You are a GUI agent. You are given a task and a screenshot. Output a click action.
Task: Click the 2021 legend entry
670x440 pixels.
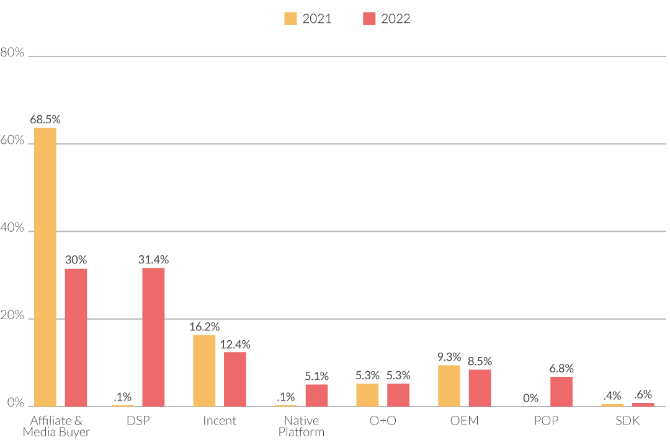[308, 19]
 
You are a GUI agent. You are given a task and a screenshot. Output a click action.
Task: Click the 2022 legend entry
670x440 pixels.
[386, 19]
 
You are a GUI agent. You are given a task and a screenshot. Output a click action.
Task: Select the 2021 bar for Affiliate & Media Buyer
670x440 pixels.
[45, 266]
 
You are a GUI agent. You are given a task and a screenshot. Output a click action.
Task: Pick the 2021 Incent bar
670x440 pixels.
[204, 370]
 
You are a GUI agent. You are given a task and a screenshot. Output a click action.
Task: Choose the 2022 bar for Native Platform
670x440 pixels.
[316, 395]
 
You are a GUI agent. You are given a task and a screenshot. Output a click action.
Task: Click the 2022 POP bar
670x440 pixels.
[561, 391]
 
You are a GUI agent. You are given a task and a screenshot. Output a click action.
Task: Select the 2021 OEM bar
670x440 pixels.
[449, 385]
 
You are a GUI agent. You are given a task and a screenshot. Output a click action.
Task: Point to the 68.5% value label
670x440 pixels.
[45, 119]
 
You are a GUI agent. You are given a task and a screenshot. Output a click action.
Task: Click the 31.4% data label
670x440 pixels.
[153, 260]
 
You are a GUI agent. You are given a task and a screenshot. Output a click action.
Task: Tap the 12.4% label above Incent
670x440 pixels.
[235, 345]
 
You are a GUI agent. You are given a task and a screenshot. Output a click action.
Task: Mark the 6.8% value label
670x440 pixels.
[561, 369]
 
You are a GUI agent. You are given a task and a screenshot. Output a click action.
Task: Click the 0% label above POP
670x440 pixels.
[530, 398]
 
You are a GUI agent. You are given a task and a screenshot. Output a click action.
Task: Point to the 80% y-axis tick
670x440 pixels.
[12, 53]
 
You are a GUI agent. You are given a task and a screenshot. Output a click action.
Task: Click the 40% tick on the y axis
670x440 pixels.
[12, 229]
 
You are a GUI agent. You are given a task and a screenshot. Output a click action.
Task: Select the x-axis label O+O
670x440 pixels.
[383, 421]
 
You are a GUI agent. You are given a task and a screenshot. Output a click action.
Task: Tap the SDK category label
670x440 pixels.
[627, 421]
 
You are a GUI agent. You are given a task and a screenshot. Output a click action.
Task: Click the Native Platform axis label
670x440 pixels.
[301, 426]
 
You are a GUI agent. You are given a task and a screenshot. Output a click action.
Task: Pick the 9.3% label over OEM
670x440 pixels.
[449, 357]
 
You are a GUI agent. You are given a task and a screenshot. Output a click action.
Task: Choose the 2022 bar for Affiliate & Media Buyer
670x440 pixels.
[76, 337]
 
